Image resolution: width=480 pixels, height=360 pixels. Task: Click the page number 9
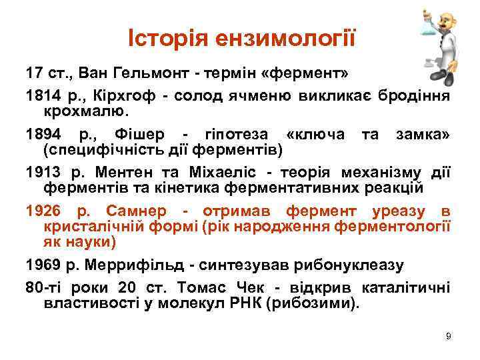[x=449, y=336]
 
